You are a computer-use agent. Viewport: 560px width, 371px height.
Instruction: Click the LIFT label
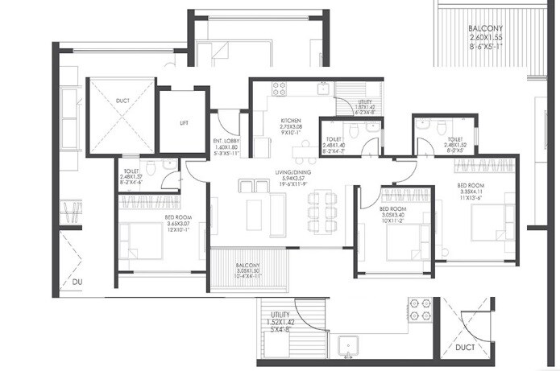point(184,123)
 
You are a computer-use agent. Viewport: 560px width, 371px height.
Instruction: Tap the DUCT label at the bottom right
point(464,348)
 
